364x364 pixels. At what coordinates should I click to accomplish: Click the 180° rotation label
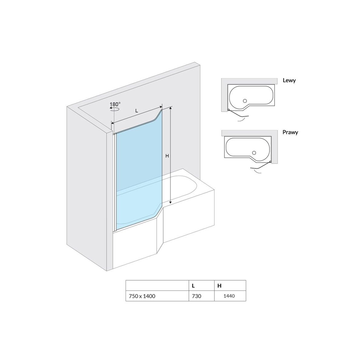(115, 104)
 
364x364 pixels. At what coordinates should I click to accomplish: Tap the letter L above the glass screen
(136, 111)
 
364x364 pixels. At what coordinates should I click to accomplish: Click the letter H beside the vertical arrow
(167, 156)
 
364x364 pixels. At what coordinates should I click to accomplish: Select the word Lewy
(289, 81)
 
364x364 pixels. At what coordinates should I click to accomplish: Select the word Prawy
(290, 133)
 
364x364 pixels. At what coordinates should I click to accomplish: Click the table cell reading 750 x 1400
(157, 296)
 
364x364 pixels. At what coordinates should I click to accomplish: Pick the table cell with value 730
(201, 296)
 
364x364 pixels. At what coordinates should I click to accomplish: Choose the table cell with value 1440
(230, 296)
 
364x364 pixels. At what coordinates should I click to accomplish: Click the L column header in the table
(201, 286)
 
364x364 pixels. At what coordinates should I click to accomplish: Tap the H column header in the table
(230, 286)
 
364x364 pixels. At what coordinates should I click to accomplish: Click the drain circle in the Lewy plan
(245, 101)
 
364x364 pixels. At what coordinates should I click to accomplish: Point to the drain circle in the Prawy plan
(254, 153)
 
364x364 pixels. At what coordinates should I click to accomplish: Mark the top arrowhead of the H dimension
(170, 108)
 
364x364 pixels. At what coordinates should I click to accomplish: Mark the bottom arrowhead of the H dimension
(170, 203)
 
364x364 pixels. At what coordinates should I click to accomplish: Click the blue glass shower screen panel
(139, 170)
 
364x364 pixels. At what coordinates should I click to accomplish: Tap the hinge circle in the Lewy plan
(229, 110)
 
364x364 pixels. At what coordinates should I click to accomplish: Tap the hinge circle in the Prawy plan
(270, 161)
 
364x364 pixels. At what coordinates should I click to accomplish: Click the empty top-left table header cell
(157, 286)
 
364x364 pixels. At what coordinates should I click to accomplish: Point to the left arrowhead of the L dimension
(113, 123)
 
